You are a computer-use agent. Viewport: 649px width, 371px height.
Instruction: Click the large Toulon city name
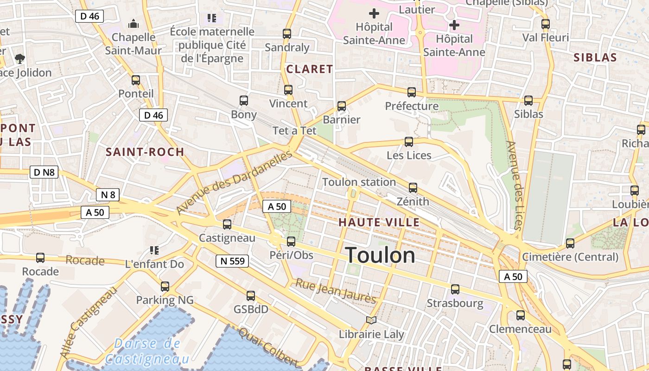tap(380, 255)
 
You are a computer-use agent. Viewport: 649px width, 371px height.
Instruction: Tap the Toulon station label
tap(359, 182)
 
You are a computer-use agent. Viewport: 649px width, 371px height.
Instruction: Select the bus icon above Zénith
tap(413, 188)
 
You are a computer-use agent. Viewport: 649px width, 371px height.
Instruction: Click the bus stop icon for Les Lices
tap(408, 141)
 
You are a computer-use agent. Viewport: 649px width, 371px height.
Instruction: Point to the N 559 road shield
tap(232, 261)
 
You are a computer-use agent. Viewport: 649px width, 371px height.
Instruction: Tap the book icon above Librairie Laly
tap(371, 320)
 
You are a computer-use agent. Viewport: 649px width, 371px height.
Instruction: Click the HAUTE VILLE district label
tap(379, 222)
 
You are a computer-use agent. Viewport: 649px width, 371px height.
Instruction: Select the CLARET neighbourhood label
tap(310, 69)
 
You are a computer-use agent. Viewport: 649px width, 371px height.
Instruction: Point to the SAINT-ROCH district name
tap(145, 152)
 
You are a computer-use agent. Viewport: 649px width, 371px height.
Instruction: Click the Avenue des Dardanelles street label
tap(234, 182)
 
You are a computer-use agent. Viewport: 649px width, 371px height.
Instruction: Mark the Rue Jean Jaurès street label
tap(336, 291)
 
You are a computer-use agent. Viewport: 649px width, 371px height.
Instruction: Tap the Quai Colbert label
tap(268, 346)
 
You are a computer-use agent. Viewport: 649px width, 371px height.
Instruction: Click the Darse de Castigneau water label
tap(147, 351)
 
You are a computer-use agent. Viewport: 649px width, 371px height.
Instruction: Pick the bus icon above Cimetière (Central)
tap(570, 243)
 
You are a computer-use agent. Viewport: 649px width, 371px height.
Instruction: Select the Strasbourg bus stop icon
tap(455, 289)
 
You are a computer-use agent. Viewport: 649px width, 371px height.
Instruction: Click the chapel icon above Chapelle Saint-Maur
tap(134, 23)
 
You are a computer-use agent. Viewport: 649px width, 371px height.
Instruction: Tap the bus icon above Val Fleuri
tap(546, 24)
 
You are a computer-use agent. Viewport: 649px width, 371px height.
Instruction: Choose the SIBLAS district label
tap(595, 58)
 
